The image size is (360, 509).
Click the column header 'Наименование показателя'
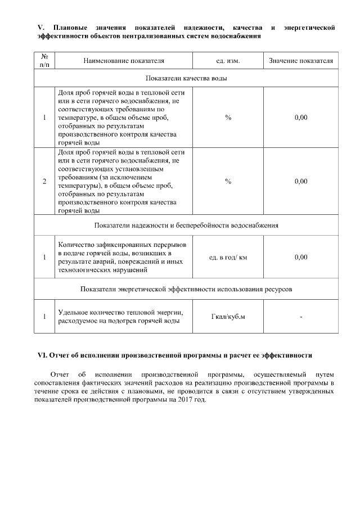click(124, 60)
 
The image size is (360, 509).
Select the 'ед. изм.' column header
click(228, 60)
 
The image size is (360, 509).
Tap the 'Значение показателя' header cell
click(301, 60)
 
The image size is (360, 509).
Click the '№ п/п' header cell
click(44, 60)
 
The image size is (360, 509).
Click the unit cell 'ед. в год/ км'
click(228, 257)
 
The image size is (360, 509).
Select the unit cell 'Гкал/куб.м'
click(228, 317)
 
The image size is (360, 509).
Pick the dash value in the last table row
click(301, 317)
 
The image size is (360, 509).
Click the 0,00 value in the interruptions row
click(301, 257)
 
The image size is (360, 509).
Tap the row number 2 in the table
click(44, 182)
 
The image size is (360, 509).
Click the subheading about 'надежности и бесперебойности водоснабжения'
click(186, 225)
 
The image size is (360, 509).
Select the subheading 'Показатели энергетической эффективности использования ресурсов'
click(186, 289)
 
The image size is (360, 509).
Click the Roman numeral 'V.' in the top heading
click(40, 27)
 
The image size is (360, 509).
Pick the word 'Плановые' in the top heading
click(70, 27)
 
